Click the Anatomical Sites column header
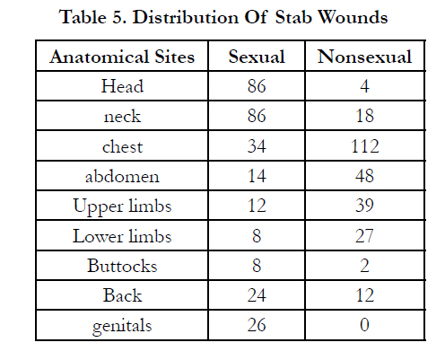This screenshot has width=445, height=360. coord(122,57)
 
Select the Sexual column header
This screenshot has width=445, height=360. coord(257,57)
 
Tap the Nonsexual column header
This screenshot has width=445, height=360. coord(364,57)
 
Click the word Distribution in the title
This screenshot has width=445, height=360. coord(186,17)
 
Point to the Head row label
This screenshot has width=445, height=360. coord(122,86)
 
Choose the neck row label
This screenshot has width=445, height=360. coord(122,116)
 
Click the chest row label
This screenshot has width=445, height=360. coord(122,146)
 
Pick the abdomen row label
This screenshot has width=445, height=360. coord(122,176)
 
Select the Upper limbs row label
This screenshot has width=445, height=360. coord(122,206)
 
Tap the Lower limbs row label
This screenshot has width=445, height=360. coord(122,236)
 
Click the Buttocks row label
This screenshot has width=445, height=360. coord(122,266)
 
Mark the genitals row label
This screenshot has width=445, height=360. coord(122,326)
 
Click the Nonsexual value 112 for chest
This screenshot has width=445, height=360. coord(365,146)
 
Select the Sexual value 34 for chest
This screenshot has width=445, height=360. coord(257,146)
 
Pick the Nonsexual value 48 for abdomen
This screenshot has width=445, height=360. coord(365,176)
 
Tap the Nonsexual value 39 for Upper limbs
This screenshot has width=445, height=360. coord(365,206)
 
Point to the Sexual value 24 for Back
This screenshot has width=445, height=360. coord(257,295)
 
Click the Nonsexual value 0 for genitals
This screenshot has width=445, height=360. coord(364,325)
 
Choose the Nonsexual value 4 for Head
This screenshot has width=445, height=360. coord(364,86)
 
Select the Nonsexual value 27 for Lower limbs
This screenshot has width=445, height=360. coord(365,236)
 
